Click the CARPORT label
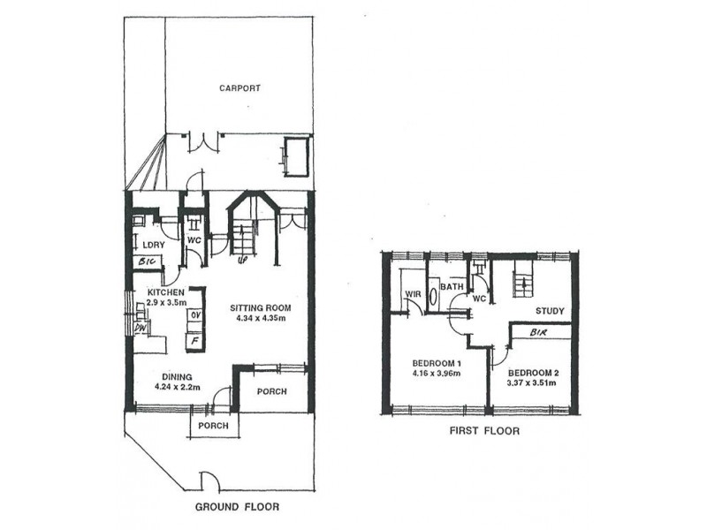point(239,87)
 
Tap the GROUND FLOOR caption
point(237,506)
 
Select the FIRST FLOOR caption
point(484,431)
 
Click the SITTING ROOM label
point(261,308)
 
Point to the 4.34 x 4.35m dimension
point(261,318)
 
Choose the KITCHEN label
point(165,292)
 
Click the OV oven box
point(195,315)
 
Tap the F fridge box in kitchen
point(195,341)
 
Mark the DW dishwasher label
point(140,328)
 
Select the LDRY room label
point(153,246)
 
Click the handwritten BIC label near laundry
point(147,261)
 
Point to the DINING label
point(178,377)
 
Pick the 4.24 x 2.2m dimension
point(178,387)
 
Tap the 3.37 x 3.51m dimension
point(532,383)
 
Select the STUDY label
point(550,311)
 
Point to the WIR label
point(413,294)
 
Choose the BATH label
point(452,286)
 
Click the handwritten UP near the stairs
point(242,261)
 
